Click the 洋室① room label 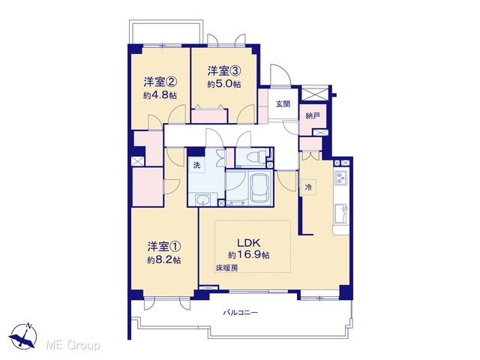pyautogui.click(x=164, y=246)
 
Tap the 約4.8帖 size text pyautogui.click(x=160, y=95)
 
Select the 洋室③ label pyautogui.click(x=224, y=71)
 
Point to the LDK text pyautogui.click(x=249, y=243)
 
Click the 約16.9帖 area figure pyautogui.click(x=248, y=255)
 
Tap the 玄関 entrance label pyautogui.click(x=283, y=104)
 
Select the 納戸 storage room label pyautogui.click(x=313, y=116)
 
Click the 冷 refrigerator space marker pyautogui.click(x=308, y=187)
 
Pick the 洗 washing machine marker pyautogui.click(x=196, y=166)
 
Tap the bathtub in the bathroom pyautogui.click(x=260, y=187)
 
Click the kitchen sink pyautogui.click(x=341, y=213)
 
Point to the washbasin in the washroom pyautogui.click(x=202, y=201)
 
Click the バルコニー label pyautogui.click(x=240, y=313)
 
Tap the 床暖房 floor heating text pyautogui.click(x=226, y=268)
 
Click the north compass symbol pyautogui.click(x=23, y=335)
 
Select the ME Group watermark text pyautogui.click(x=73, y=346)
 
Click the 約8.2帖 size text pyautogui.click(x=163, y=260)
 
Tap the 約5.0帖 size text pyautogui.click(x=224, y=84)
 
